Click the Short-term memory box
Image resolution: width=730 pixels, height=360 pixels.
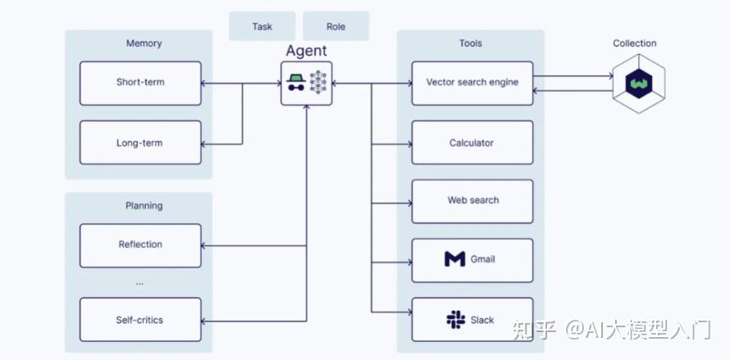click(x=140, y=83)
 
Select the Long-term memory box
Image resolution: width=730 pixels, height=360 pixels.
click(x=140, y=143)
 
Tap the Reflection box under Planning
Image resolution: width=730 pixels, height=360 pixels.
click(x=140, y=245)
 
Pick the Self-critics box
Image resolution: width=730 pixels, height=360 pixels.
click(x=140, y=320)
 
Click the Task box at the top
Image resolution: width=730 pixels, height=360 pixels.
click(x=262, y=26)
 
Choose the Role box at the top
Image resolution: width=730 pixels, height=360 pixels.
click(x=336, y=26)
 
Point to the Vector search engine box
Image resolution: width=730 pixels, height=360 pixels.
click(x=472, y=83)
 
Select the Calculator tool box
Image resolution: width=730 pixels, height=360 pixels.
click(x=472, y=143)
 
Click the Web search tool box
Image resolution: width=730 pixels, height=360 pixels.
click(x=472, y=201)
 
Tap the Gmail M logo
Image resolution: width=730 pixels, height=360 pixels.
click(x=455, y=259)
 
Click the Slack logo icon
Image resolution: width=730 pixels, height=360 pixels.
click(x=456, y=320)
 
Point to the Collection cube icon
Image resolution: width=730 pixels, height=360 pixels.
click(x=639, y=84)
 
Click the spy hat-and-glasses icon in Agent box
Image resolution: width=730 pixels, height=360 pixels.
click(x=295, y=83)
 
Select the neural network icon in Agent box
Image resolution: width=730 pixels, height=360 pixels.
click(x=318, y=83)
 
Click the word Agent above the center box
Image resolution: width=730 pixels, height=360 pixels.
click(x=306, y=51)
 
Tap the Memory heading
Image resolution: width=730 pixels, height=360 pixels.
click(x=144, y=43)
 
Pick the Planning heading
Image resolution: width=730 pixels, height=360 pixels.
click(x=144, y=206)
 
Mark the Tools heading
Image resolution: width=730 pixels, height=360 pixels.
click(x=471, y=43)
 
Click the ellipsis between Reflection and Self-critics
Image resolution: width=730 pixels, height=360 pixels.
click(x=139, y=284)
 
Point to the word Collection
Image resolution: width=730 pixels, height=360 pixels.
click(x=635, y=43)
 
